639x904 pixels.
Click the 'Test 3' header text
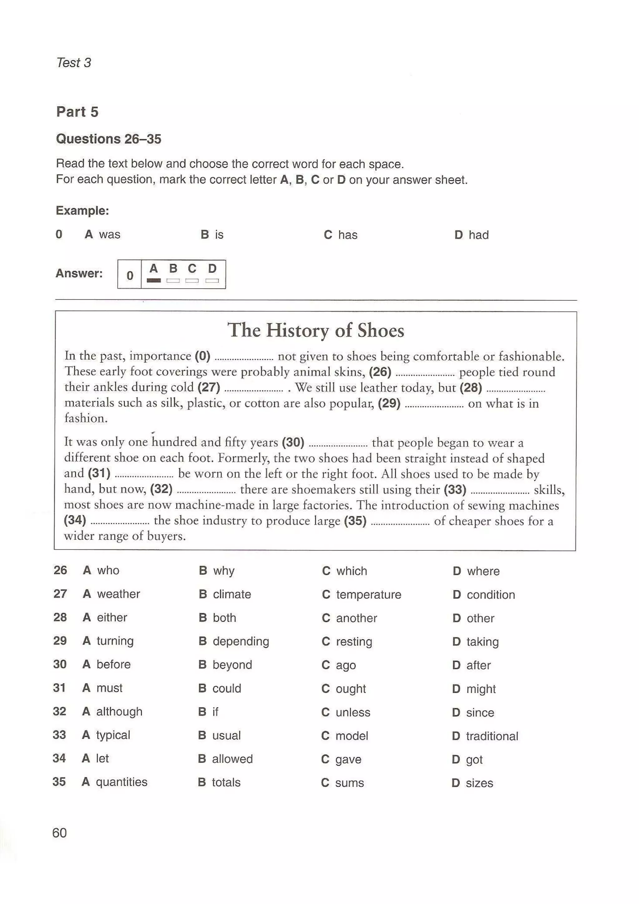click(x=74, y=63)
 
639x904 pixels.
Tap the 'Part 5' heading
click(x=77, y=112)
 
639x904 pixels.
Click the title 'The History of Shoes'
click(x=316, y=330)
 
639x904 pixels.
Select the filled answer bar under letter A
click(x=154, y=281)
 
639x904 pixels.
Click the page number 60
click(x=60, y=833)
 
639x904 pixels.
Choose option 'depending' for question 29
click(x=241, y=641)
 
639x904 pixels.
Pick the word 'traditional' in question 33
click(x=492, y=736)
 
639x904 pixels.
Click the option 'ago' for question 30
click(x=345, y=665)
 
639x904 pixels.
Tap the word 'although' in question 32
click(x=119, y=712)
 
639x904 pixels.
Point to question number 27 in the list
click(x=60, y=594)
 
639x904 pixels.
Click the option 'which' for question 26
click(x=351, y=571)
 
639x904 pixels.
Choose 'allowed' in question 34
click(x=232, y=759)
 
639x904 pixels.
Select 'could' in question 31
click(x=227, y=688)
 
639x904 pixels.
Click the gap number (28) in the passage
click(x=471, y=388)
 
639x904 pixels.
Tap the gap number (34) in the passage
click(x=75, y=520)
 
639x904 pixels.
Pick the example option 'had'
click(x=478, y=235)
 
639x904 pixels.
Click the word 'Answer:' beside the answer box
click(x=79, y=273)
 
